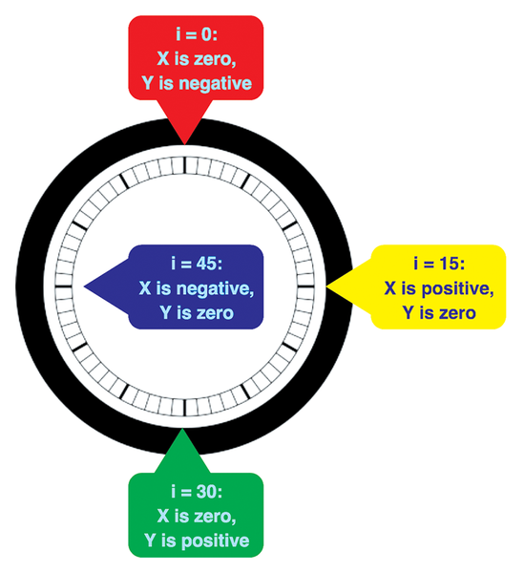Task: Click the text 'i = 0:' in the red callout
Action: click(x=197, y=35)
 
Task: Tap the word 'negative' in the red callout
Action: click(x=216, y=83)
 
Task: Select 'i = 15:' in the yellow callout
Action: click(x=439, y=264)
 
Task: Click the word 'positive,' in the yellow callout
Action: click(x=458, y=289)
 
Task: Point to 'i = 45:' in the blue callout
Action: click(x=197, y=264)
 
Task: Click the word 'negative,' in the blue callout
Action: click(x=216, y=288)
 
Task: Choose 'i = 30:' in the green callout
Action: click(x=197, y=492)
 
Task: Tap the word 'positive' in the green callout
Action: click(x=216, y=541)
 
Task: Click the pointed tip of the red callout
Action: click(x=185, y=145)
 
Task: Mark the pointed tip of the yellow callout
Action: click(x=326, y=287)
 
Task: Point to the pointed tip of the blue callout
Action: click(x=84, y=286)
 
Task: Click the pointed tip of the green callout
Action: click(x=181, y=429)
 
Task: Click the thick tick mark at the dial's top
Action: click(x=185, y=165)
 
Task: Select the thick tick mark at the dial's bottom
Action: click(x=185, y=408)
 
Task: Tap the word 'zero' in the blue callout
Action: click(x=214, y=313)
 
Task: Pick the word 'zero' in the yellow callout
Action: click(x=456, y=313)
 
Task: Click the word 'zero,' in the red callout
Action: click(x=216, y=59)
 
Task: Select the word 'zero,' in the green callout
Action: click(x=216, y=517)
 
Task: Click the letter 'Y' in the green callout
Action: click(x=150, y=541)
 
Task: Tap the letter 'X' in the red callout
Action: click(x=163, y=59)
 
